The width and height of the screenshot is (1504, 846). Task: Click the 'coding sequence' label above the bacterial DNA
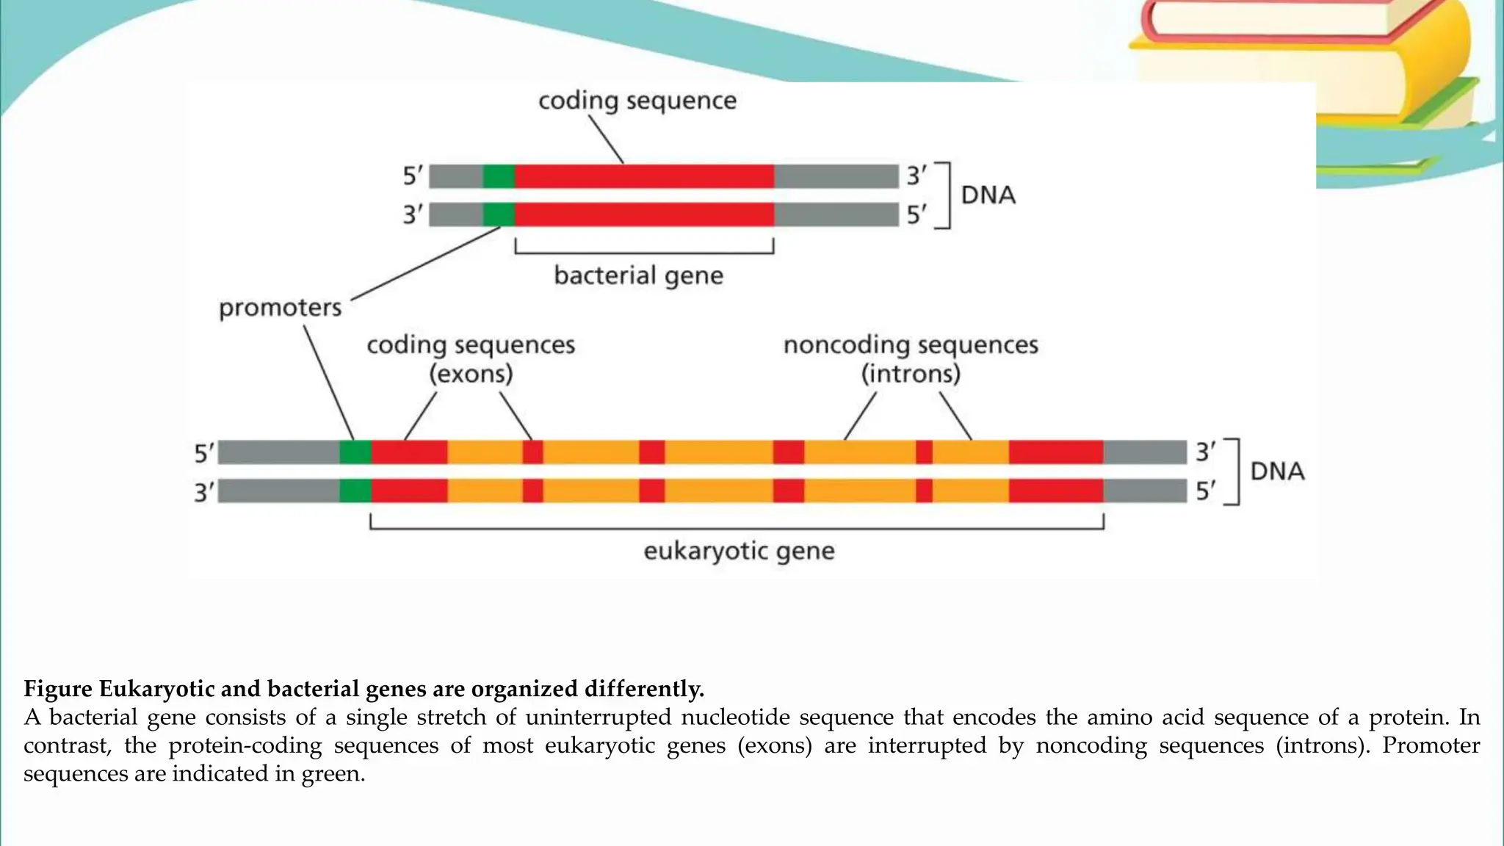pos(637,101)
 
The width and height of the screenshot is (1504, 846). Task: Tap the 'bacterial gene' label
pos(638,276)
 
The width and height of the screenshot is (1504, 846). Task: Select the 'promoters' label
pos(280,308)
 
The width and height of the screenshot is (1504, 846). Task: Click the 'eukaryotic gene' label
pos(739,552)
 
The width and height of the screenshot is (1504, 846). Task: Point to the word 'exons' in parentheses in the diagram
pos(471,375)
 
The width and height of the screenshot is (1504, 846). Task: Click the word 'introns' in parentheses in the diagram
pos(911,375)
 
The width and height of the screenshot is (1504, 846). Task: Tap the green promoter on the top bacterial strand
pos(499,176)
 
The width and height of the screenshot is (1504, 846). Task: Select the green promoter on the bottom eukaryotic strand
pos(355,491)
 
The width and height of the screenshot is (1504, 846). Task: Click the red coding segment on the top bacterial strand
pos(644,176)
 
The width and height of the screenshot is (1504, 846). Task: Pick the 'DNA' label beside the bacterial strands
pos(988,195)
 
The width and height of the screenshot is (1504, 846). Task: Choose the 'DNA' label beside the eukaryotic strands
pos(1277,471)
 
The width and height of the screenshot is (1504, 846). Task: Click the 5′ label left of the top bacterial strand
pos(413,176)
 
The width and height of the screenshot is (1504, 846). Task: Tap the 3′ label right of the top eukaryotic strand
pos(1205,452)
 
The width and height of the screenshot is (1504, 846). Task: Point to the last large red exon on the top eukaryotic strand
pos(1055,452)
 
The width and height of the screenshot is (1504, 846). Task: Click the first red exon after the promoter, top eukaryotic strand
pos(409,452)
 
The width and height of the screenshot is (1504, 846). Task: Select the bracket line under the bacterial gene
pos(644,253)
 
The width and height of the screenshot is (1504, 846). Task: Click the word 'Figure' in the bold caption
pos(58,689)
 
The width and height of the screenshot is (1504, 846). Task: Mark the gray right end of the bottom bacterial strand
pos(836,214)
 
